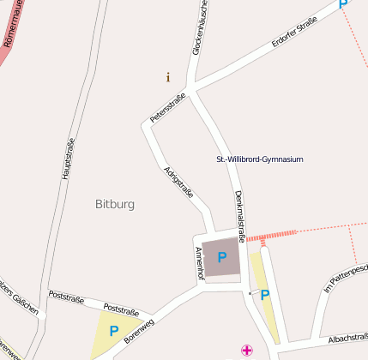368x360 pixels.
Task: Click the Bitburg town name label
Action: coord(114,204)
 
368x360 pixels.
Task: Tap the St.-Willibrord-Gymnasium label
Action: coord(259,159)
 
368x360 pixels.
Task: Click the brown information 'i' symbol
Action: coord(168,77)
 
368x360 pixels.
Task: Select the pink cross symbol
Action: coord(247,350)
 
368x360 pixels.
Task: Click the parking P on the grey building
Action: coord(222,256)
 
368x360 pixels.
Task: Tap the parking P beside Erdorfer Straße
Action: coord(343,4)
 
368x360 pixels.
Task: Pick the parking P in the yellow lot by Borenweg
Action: coord(113,330)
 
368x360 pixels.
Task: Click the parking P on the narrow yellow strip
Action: coord(265,295)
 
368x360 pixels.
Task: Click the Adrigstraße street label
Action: coord(178,183)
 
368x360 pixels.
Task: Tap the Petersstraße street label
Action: coord(167,106)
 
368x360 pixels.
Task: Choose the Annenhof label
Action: coord(199,261)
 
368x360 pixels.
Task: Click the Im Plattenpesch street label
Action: coord(346,280)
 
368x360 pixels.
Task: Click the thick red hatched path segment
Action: coord(271,234)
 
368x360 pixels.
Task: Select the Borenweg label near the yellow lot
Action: coord(139,332)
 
